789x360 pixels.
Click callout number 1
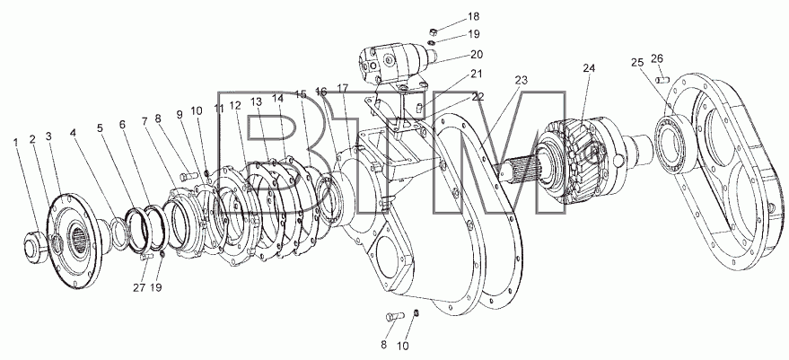pos(16,143)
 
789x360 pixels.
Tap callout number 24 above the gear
pos(589,68)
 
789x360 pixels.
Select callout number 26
pos(657,59)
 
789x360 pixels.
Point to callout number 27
pos(139,288)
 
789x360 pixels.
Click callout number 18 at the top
pos(474,17)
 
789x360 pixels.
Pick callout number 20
pos(476,55)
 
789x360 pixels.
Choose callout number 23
pos(521,80)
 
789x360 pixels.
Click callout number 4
pos(73,133)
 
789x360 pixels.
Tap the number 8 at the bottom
pos(383,346)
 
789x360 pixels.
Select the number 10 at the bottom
pos(403,347)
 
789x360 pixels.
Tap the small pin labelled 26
pos(662,80)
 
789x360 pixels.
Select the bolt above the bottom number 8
pos(395,316)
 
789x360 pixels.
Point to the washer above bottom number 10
pos(416,313)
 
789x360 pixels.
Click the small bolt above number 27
pos(145,256)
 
